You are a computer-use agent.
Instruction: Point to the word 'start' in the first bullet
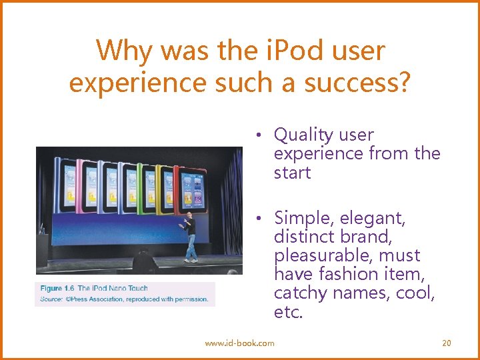(292, 173)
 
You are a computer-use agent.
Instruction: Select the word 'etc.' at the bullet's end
(288, 311)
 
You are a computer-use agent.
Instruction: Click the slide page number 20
(447, 343)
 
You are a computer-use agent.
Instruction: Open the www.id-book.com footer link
(239, 343)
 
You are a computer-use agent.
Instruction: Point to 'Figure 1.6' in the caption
(57, 289)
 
